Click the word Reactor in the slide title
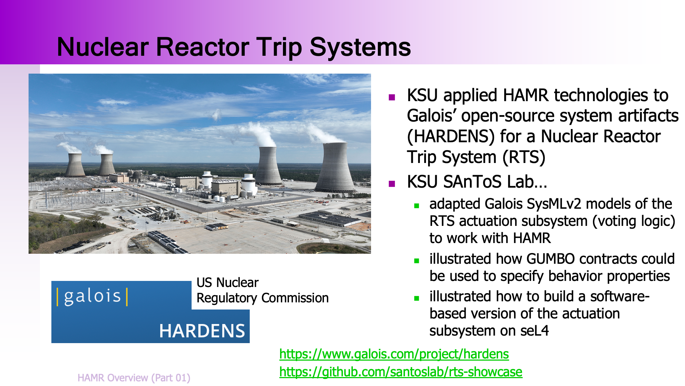pyautogui.click(x=203, y=47)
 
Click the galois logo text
pyautogui.click(x=92, y=297)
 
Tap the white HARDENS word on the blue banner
pyautogui.click(x=202, y=331)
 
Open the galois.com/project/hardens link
pyautogui.click(x=394, y=354)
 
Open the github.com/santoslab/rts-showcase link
pyautogui.click(x=401, y=372)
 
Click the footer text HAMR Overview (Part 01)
pyautogui.click(x=134, y=378)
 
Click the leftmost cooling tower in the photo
pyautogui.click(x=75, y=165)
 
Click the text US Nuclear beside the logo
pyautogui.click(x=227, y=283)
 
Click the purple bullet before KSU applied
pyautogui.click(x=392, y=97)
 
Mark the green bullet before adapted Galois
pyautogui.click(x=416, y=206)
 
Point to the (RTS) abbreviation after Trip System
pyautogui.click(x=524, y=157)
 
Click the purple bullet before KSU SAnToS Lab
pyautogui.click(x=392, y=184)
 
